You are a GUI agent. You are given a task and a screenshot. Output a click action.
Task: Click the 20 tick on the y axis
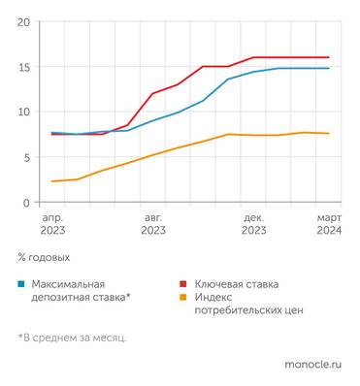tap(23, 21)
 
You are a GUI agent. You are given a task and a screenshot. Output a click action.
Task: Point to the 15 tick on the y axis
tap(23, 67)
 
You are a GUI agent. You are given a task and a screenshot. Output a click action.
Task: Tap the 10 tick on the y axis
tap(23, 112)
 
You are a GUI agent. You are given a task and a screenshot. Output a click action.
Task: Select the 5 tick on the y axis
tap(26, 157)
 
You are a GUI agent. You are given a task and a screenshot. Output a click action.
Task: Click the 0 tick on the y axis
tap(26, 203)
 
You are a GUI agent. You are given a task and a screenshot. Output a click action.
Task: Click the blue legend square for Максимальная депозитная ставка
tap(21, 285)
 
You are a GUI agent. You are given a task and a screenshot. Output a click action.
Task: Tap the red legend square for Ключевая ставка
tap(183, 285)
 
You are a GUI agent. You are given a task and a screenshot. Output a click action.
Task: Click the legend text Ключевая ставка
tap(236, 284)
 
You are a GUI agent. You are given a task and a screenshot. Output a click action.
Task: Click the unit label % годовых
tap(44, 259)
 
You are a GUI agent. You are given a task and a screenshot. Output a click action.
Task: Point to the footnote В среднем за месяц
tap(72, 338)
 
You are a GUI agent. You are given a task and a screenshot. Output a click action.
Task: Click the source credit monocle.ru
tap(312, 366)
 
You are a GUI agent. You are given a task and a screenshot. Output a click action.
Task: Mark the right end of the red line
tap(329, 57)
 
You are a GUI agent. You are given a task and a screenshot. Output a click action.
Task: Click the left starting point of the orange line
tap(52, 181)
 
